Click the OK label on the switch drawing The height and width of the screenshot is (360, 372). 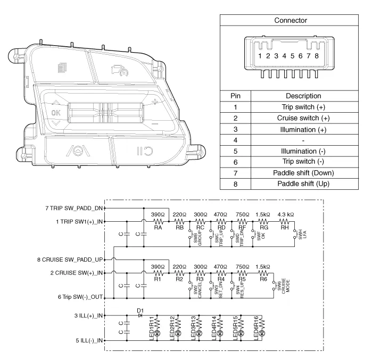[x=56, y=113]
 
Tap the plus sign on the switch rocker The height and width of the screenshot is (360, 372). [x=155, y=102]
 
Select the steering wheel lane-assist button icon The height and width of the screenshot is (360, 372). [x=78, y=150]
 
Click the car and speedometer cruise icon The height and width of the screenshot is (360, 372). [x=120, y=70]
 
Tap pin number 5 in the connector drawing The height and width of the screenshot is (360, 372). [x=292, y=56]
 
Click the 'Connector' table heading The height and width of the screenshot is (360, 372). [x=291, y=20]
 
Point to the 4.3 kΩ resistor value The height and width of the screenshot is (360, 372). [x=286, y=214]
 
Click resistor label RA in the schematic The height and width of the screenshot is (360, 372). [x=158, y=228]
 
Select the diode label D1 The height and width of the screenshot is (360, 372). [x=140, y=311]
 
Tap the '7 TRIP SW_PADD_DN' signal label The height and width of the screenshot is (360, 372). [x=74, y=208]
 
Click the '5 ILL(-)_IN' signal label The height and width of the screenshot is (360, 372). [x=89, y=340]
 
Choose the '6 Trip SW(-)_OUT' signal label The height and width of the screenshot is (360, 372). [x=80, y=297]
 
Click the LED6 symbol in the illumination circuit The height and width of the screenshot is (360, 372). [x=262, y=333]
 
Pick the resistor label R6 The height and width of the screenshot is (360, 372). [x=263, y=279]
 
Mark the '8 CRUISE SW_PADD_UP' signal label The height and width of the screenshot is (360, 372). [x=70, y=259]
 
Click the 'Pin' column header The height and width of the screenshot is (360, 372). [x=235, y=96]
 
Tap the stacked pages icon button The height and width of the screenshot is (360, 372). [x=62, y=68]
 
